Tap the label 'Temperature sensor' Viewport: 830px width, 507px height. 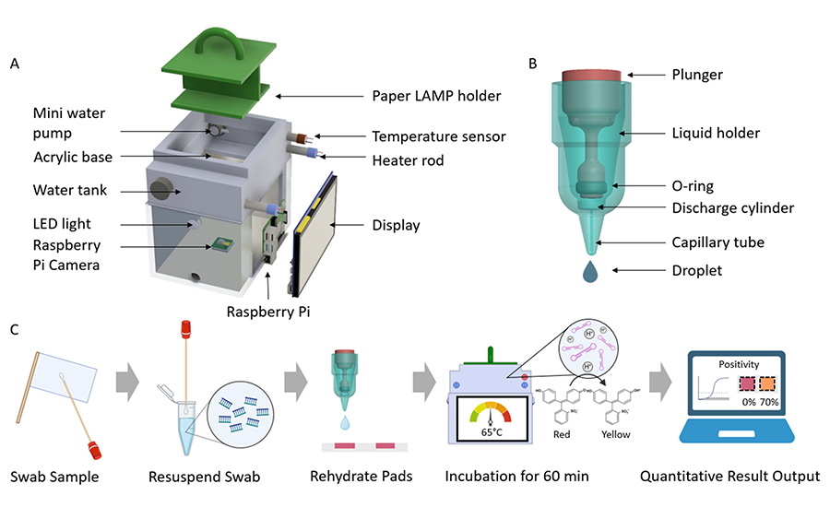(x=438, y=136)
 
